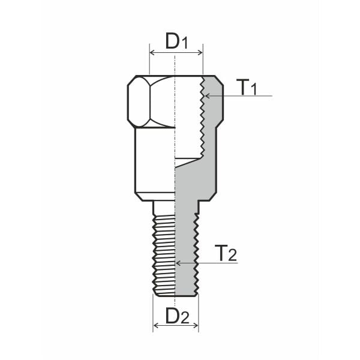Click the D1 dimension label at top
coord(176,41)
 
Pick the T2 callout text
coord(226,253)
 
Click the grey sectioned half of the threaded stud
coord(185,252)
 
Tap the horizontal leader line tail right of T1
coord(264,95)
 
